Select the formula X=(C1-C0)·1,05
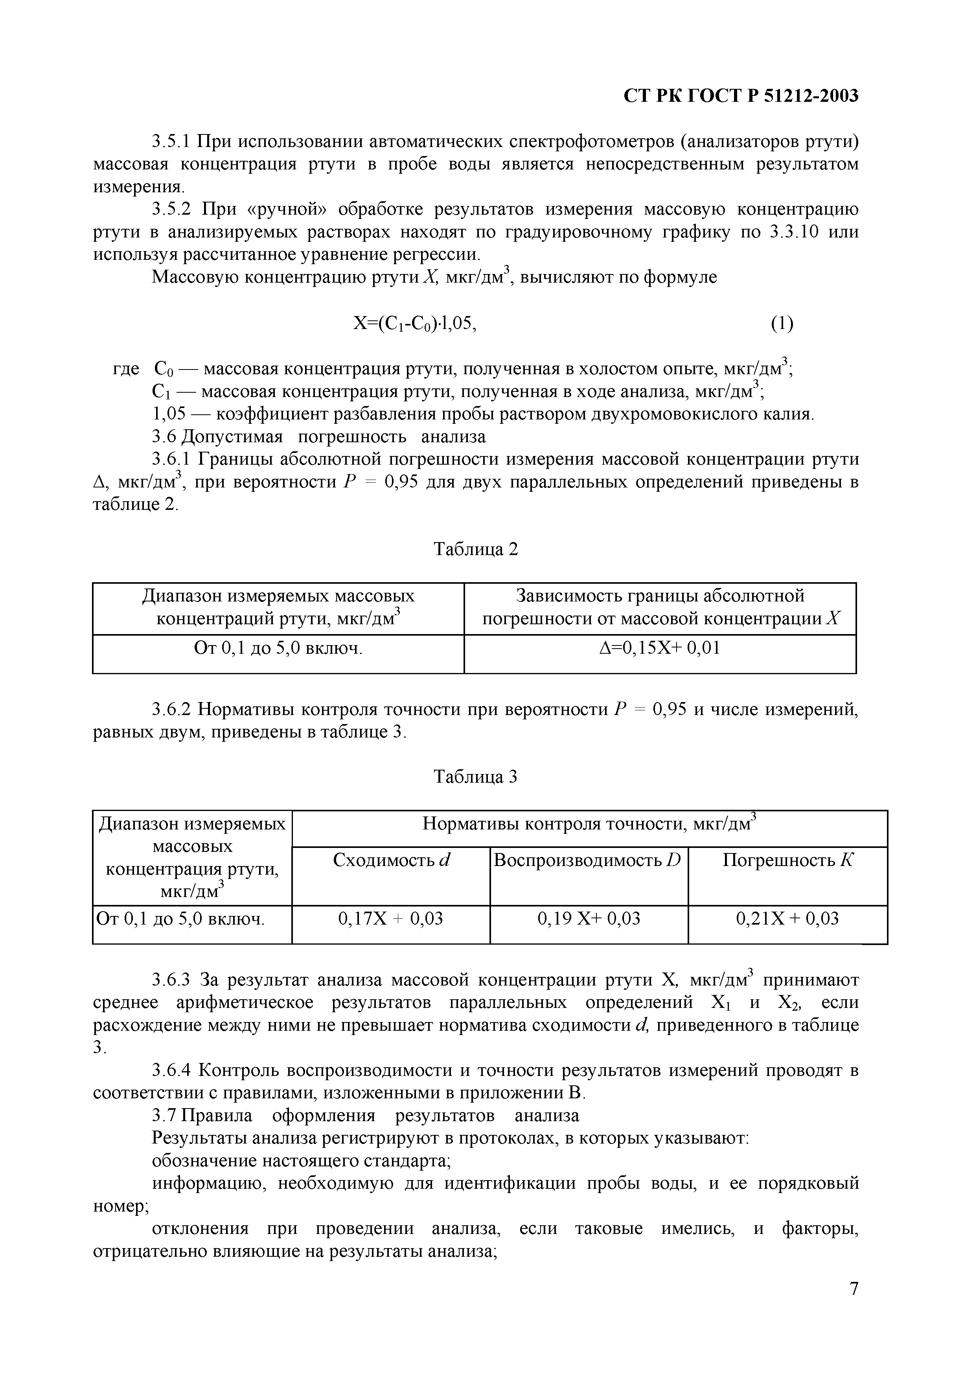414,324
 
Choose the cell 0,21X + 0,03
787,918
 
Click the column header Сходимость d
391,860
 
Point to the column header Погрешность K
787,860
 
